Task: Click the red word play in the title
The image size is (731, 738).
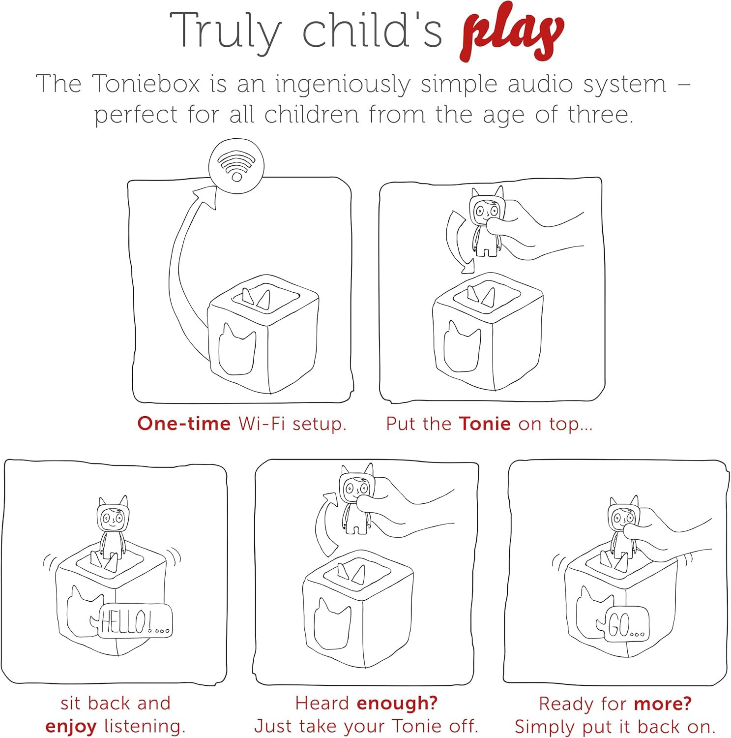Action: point(513,33)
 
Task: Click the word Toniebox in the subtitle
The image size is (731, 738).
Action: point(146,84)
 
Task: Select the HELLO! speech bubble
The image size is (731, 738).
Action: point(135,621)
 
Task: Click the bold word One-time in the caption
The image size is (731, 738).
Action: point(184,424)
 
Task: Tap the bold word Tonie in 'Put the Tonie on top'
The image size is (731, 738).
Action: point(485,424)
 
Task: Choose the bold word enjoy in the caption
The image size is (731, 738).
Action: point(71,727)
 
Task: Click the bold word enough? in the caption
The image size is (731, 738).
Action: point(397,703)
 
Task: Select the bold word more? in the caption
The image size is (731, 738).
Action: point(663,704)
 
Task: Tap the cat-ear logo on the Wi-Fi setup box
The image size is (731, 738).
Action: point(237,349)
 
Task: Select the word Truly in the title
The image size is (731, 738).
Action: point(226,31)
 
